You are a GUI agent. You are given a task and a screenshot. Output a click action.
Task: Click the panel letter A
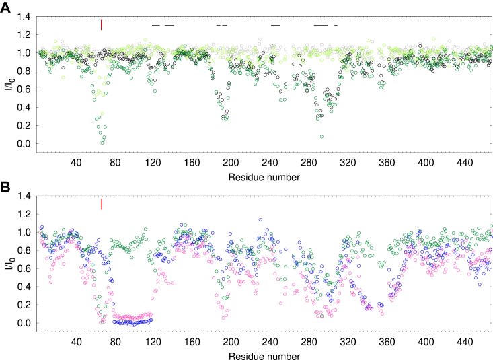(x=5, y=6)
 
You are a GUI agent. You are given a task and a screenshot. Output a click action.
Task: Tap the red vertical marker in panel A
(x=101, y=24)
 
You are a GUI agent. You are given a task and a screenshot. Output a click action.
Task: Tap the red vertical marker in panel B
(x=101, y=203)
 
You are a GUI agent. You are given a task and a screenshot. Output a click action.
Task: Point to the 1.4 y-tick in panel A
(x=24, y=16)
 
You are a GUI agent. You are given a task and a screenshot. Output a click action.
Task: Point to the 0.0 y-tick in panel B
(x=24, y=323)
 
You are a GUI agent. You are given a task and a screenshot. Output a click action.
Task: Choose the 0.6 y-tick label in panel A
(x=24, y=89)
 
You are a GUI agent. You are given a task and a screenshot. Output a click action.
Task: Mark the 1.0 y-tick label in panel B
(x=24, y=232)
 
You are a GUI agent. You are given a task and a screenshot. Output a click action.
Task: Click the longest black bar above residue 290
(x=321, y=26)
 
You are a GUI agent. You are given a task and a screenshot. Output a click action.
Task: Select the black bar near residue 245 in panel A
(x=275, y=26)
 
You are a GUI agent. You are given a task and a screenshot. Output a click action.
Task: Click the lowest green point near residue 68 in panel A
(x=102, y=143)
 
